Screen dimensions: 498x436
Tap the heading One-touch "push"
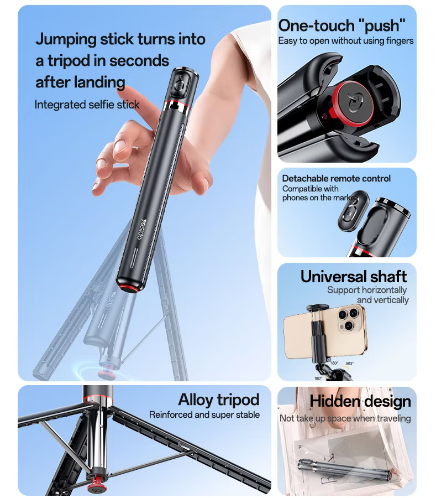(342, 25)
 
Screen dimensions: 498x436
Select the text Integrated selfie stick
(87, 105)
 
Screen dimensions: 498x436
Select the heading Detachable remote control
(336, 178)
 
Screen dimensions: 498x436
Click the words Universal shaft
(354, 276)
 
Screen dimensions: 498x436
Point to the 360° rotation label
(349, 364)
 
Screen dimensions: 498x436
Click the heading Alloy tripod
(218, 400)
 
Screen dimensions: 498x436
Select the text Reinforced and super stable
(204, 414)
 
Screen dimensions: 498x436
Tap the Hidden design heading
(360, 401)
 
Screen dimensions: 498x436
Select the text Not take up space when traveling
(345, 418)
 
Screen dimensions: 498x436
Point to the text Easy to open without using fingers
(345, 41)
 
